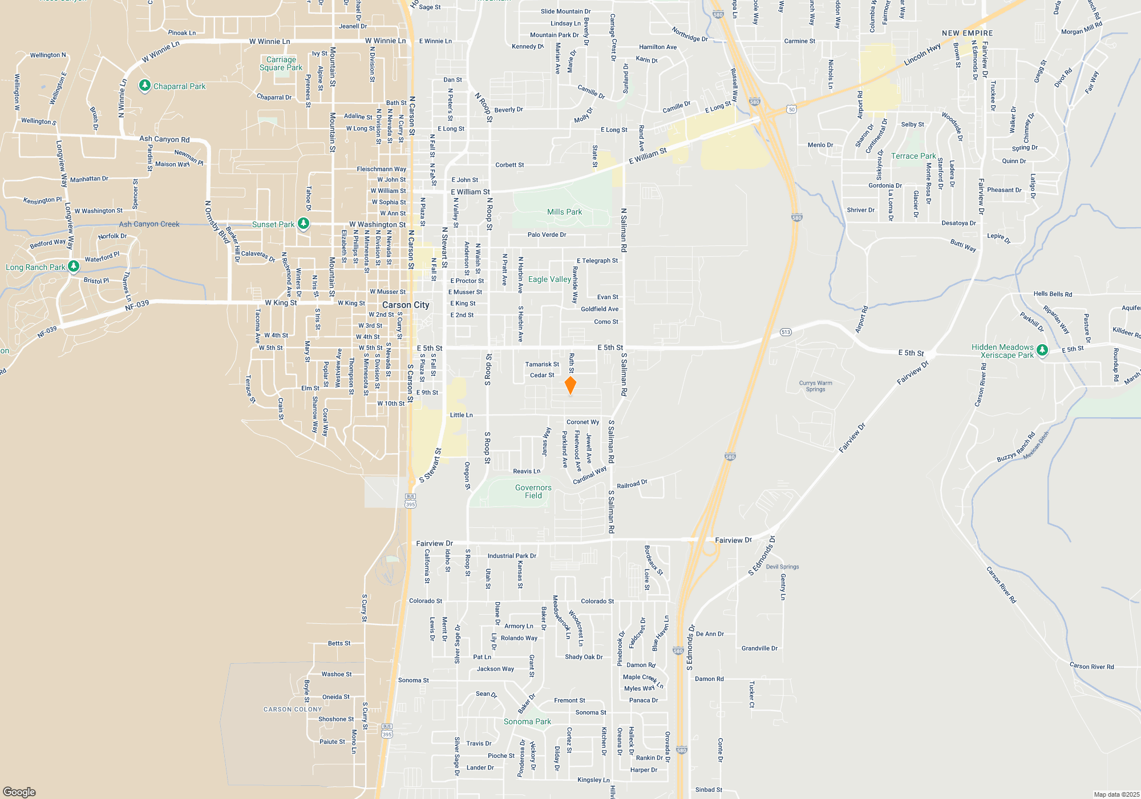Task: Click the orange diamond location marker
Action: [570, 385]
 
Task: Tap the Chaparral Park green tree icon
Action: [145, 86]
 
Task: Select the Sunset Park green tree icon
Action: [304, 224]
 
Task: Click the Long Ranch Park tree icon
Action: [74, 266]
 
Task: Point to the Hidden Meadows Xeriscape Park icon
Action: [1042, 350]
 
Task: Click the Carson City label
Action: [406, 305]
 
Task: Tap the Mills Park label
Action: [564, 212]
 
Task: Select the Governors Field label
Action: [533, 491]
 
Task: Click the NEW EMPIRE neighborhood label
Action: [967, 33]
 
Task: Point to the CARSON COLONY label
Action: [293, 709]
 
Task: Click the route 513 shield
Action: [786, 332]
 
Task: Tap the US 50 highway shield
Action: [791, 109]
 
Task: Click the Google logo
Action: [19, 792]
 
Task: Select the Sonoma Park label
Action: [527, 721]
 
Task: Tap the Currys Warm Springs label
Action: [815, 386]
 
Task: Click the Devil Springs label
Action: [782, 567]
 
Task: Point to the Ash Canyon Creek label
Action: [149, 224]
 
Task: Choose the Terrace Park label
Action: [913, 156]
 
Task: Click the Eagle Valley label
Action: [549, 279]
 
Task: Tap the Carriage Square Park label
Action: [281, 63]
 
